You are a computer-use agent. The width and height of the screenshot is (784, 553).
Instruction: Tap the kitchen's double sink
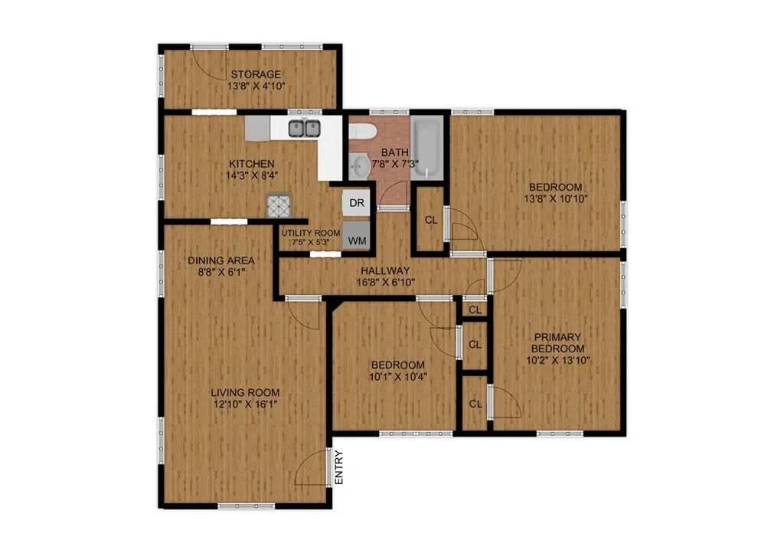[304, 129]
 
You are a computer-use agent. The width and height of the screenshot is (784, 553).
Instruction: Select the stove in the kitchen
[278, 205]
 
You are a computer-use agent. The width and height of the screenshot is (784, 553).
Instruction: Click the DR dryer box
[356, 203]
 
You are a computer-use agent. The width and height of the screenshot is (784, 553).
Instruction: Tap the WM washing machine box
[357, 241]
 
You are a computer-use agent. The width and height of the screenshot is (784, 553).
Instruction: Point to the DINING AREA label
[221, 260]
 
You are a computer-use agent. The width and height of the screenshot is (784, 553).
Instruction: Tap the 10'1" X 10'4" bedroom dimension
[397, 377]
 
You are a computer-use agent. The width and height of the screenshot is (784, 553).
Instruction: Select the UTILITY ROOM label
[310, 233]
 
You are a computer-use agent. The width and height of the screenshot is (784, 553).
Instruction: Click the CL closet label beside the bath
[431, 220]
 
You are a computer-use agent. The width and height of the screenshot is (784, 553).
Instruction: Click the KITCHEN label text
[252, 164]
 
